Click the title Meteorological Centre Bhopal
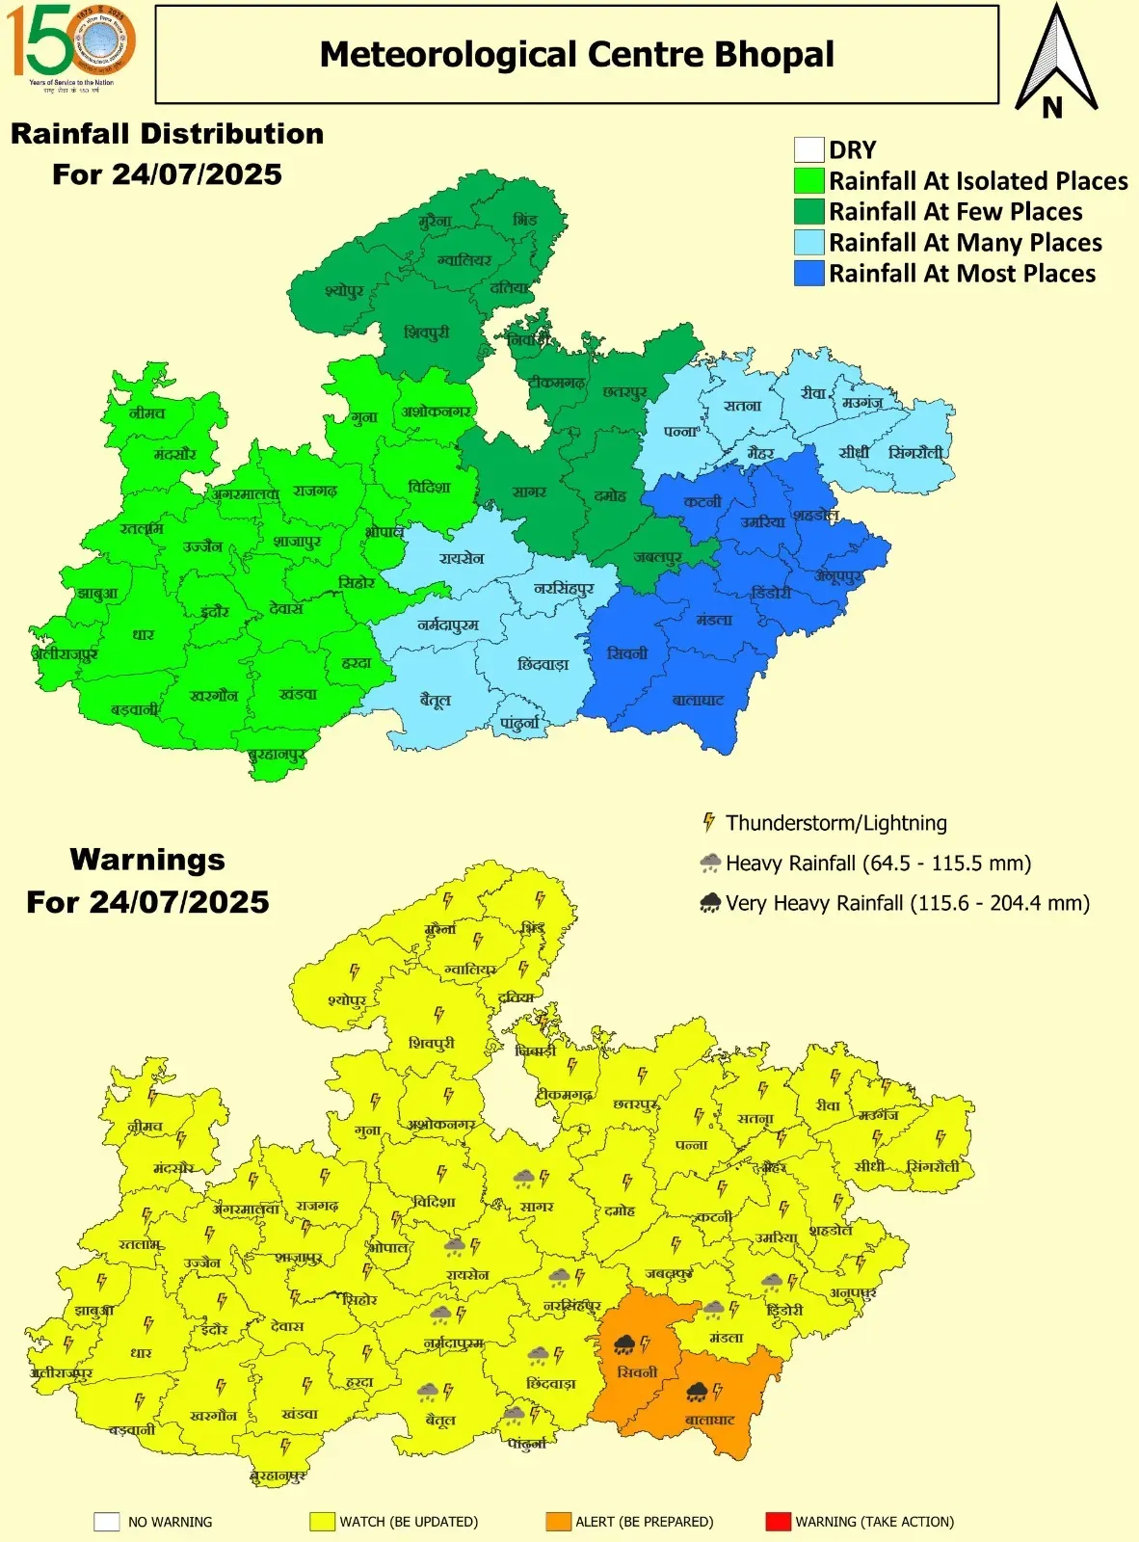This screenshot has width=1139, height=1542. (x=576, y=55)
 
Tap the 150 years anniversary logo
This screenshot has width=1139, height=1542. (x=70, y=45)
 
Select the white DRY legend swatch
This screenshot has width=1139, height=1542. (x=808, y=150)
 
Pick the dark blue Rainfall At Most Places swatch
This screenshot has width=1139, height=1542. (x=808, y=274)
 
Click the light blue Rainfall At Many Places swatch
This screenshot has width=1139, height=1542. (x=808, y=243)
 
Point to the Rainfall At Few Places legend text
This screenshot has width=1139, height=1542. (x=955, y=212)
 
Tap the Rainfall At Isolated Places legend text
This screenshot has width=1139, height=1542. (x=978, y=181)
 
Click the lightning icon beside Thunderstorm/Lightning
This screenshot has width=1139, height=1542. (x=708, y=822)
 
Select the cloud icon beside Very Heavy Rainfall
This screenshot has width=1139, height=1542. (x=710, y=903)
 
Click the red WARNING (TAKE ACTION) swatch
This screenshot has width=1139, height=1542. (x=778, y=1522)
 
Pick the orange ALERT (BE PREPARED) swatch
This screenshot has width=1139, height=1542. (x=558, y=1522)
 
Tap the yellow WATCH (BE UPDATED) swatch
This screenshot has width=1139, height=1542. (x=322, y=1522)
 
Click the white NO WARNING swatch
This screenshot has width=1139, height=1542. (x=106, y=1522)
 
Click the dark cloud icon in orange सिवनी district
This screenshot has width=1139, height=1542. (x=623, y=1344)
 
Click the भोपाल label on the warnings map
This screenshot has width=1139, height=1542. (x=387, y=1248)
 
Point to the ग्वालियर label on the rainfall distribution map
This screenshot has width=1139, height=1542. (x=464, y=260)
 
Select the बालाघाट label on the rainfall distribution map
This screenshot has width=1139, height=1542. (x=698, y=701)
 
